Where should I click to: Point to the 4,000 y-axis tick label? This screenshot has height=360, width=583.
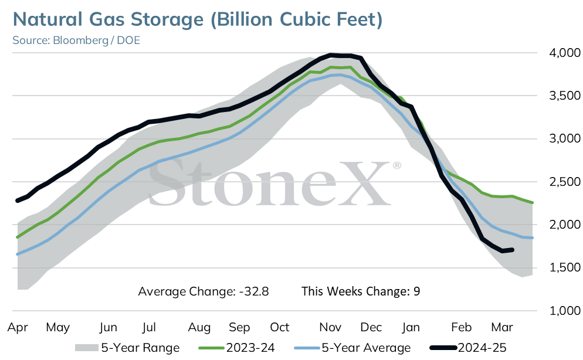(565, 53)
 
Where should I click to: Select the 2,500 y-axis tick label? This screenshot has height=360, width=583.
(565, 182)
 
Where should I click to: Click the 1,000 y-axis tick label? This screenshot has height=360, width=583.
(565, 311)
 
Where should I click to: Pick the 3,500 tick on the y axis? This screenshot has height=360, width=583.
(565, 96)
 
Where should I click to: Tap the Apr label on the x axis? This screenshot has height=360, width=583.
(18, 328)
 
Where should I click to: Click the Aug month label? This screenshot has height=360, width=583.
(199, 328)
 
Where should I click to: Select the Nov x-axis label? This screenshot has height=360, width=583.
(330, 327)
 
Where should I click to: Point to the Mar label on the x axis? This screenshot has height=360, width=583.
(502, 327)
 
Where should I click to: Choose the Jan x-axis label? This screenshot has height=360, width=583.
(411, 327)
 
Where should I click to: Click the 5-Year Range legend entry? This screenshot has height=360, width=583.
(127, 348)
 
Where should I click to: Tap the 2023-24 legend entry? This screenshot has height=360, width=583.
(237, 348)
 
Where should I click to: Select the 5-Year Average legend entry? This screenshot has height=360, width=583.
(352, 348)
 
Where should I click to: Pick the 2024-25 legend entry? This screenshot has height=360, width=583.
(468, 348)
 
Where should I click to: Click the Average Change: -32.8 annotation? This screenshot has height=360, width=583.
(204, 291)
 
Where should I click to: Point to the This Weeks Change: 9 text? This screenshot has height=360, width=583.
(361, 291)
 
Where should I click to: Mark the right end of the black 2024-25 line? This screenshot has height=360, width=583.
(513, 250)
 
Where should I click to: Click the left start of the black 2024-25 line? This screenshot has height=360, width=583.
(18, 201)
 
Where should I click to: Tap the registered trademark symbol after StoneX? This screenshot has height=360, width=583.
(397, 165)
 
